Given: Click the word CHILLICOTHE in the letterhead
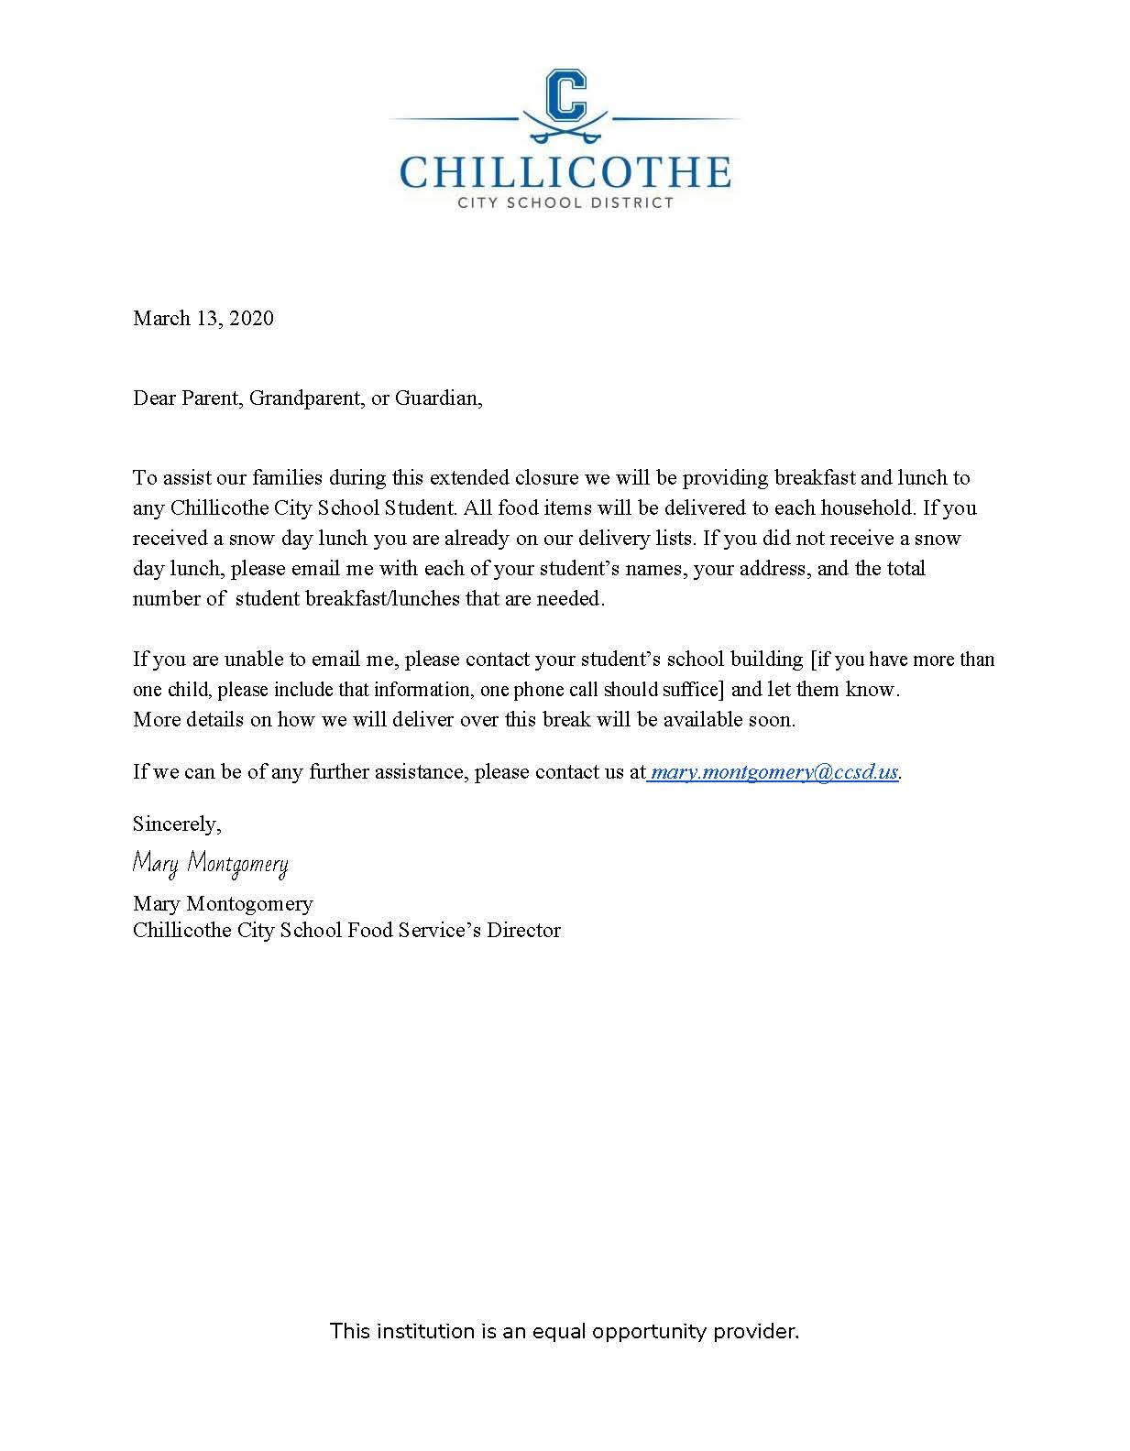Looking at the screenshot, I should coord(565,172).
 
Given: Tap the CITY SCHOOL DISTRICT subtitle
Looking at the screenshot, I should coord(565,202).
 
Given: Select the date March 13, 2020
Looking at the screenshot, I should coord(203,318).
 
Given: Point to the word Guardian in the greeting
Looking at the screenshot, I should coord(437,398).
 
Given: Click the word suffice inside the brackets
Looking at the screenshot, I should coord(686,689).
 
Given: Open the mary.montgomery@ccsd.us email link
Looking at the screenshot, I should coord(773,771).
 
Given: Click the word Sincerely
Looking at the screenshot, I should coord(177,824).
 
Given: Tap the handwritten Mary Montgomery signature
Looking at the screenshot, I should coord(210,863).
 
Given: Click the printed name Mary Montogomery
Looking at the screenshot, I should coord(223,903).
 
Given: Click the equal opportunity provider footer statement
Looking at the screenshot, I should coord(565,1331).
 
